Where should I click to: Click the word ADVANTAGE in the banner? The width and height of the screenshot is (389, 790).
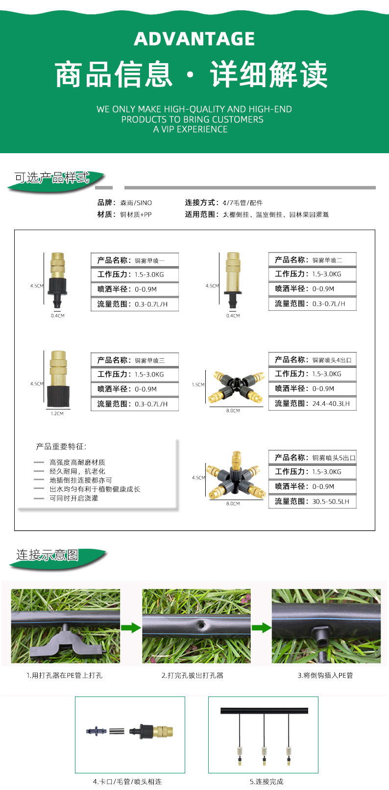[194, 39]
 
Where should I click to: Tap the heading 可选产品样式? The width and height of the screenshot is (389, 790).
[52, 178]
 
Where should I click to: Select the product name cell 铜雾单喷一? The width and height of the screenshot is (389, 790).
[135, 260]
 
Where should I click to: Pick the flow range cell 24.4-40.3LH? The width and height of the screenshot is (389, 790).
[312, 404]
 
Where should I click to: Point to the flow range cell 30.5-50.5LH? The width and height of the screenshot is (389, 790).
[312, 502]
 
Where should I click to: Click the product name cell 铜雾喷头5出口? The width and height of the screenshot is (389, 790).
[312, 458]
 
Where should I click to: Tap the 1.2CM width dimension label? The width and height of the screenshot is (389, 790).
[57, 414]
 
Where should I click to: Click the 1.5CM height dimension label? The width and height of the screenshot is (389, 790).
[198, 385]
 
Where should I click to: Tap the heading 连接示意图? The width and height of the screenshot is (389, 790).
[48, 555]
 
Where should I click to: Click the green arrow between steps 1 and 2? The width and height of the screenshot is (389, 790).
[131, 627]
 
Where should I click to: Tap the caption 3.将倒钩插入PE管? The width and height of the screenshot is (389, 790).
[325, 675]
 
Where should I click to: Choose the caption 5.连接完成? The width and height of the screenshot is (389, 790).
[266, 782]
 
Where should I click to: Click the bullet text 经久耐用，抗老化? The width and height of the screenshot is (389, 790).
[77, 471]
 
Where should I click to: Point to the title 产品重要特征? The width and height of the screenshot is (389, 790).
[61, 446]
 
